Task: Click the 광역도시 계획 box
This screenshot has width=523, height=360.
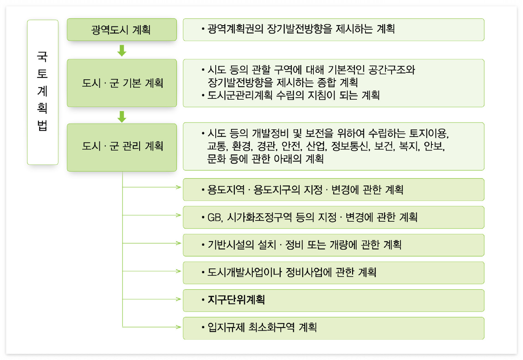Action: tap(122, 30)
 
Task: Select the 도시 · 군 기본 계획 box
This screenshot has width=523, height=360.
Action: tap(122, 83)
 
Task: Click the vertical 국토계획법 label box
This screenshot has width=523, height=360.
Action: tap(43, 92)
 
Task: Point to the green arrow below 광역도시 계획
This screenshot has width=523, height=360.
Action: tap(122, 50)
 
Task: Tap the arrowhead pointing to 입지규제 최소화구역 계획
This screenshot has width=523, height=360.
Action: tap(179, 327)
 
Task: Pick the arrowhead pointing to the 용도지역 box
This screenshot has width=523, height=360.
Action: tap(179, 188)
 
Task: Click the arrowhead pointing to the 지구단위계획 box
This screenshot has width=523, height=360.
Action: tap(179, 299)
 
